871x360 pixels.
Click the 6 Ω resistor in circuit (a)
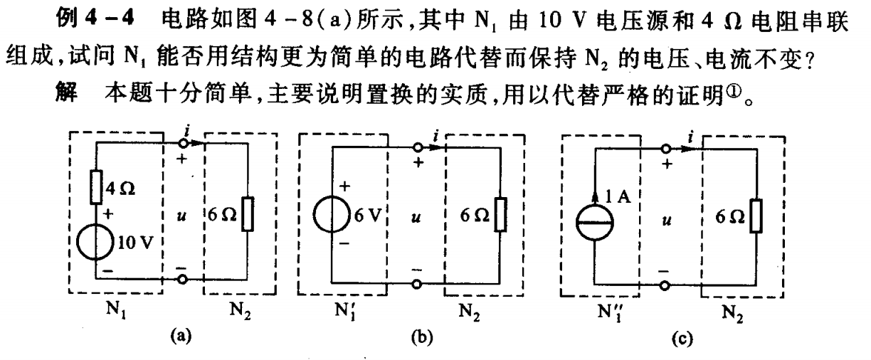point(247,213)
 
